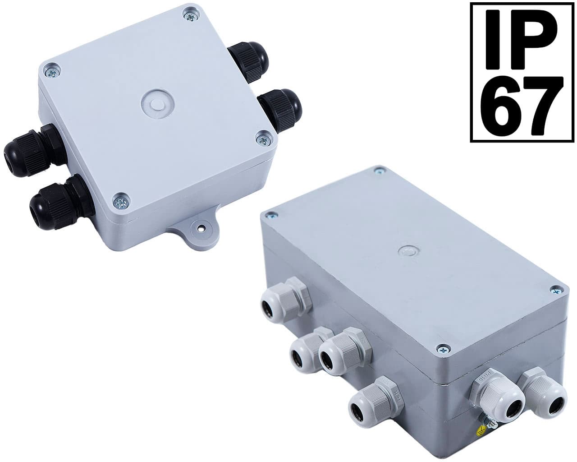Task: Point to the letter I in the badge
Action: point(493,39)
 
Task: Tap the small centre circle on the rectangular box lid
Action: point(408,251)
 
